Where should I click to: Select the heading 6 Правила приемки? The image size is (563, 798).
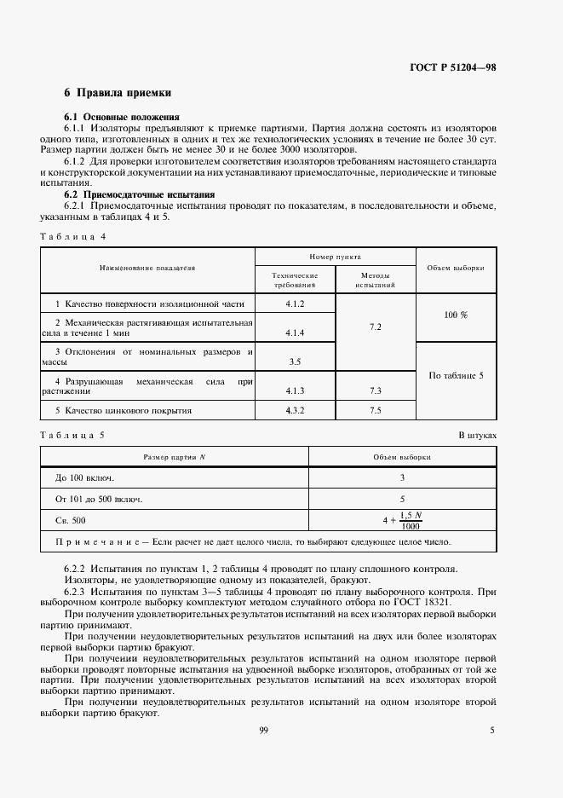click(118, 92)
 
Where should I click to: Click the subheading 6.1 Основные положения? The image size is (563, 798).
click(122, 115)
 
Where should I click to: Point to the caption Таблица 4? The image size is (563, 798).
click(72, 235)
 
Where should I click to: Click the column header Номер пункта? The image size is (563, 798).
click(336, 256)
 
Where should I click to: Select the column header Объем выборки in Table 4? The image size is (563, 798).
click(456, 267)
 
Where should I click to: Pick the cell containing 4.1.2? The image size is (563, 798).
click(296, 304)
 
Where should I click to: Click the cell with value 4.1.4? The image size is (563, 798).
click(296, 332)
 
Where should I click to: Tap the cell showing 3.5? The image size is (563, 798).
click(296, 361)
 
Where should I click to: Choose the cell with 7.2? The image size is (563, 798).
click(376, 327)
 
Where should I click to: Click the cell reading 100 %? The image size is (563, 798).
click(456, 315)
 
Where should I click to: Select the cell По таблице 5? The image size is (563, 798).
click(456, 375)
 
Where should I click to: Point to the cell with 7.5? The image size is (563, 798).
click(376, 410)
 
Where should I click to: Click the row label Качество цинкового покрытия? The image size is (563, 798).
click(124, 410)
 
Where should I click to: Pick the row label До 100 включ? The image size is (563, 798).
click(84, 477)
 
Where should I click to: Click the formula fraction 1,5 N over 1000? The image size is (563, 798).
click(411, 519)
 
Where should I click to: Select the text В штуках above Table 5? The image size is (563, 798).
click(477, 435)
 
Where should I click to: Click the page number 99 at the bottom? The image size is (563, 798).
click(263, 729)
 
